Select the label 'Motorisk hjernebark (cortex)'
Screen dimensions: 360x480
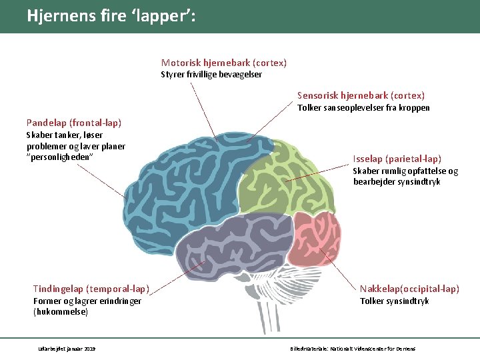[x=224, y=63]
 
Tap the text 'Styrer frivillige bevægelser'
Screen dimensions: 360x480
[x=211, y=75]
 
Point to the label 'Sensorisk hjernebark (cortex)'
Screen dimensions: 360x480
[x=361, y=96]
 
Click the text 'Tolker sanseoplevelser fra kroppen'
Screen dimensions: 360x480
[x=363, y=108]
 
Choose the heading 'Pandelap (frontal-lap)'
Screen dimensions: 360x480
[x=74, y=123]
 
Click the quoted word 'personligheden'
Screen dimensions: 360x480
[x=59, y=157]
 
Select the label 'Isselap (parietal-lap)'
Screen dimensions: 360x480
[x=397, y=159]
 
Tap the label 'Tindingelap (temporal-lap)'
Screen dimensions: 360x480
[x=91, y=289]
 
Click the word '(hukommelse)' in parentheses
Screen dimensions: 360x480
[x=61, y=311]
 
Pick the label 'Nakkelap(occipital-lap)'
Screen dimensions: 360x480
[x=409, y=289]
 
